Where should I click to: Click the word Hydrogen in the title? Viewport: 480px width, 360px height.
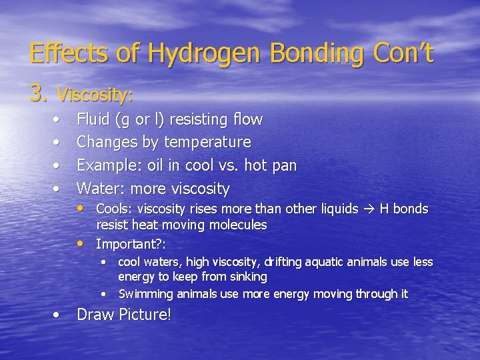pyautogui.click(x=198, y=53)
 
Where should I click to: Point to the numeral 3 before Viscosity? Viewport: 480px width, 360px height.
pyautogui.click(x=37, y=94)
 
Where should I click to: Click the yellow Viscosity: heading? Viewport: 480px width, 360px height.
pyautogui.click(x=95, y=95)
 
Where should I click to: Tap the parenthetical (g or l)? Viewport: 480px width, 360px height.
pyautogui.click(x=140, y=120)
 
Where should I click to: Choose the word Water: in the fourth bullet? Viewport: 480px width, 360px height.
pyautogui.click(x=99, y=189)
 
